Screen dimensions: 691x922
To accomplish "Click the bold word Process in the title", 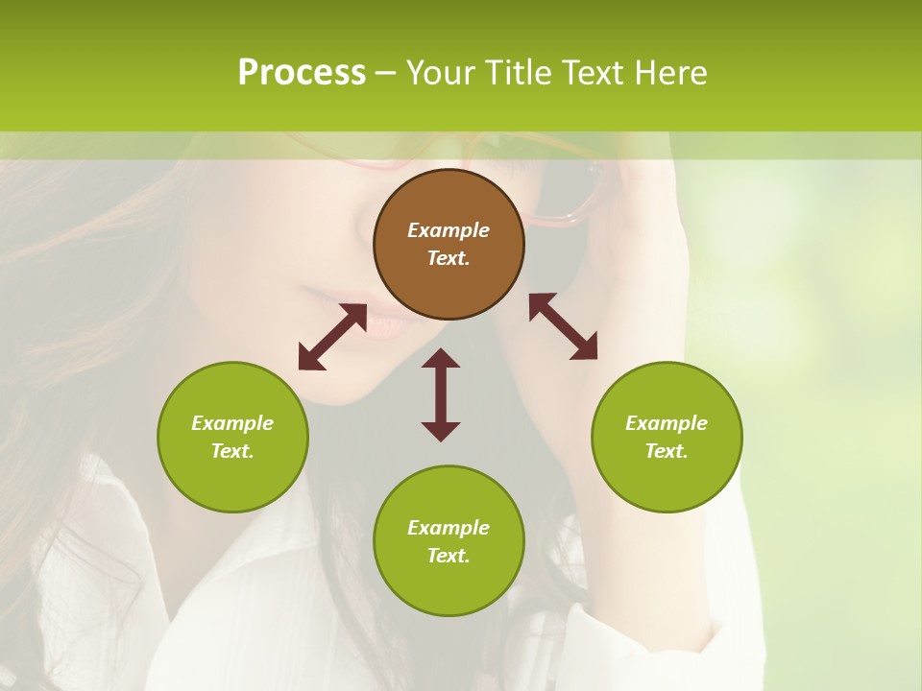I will [x=302, y=72].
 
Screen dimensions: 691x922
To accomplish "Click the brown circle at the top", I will [x=449, y=245].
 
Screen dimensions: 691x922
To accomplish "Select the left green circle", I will [x=232, y=437].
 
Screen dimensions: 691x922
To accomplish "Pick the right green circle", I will [x=667, y=437].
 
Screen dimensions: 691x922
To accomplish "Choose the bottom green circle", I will [x=449, y=541].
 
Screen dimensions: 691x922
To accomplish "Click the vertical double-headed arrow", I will [x=441, y=394].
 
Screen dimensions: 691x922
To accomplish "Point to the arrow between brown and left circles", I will [x=332, y=337].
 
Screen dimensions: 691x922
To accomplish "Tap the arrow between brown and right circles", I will [x=563, y=326].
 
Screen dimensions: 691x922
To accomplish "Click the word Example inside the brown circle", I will [x=449, y=230].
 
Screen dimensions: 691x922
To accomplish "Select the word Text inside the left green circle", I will [x=232, y=451].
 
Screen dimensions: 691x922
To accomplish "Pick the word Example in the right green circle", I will [x=667, y=423].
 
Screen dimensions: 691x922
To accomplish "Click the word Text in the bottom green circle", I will [x=449, y=556].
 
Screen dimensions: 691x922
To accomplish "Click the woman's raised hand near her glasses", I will [x=643, y=240].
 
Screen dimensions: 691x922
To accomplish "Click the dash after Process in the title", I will [x=386, y=73].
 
